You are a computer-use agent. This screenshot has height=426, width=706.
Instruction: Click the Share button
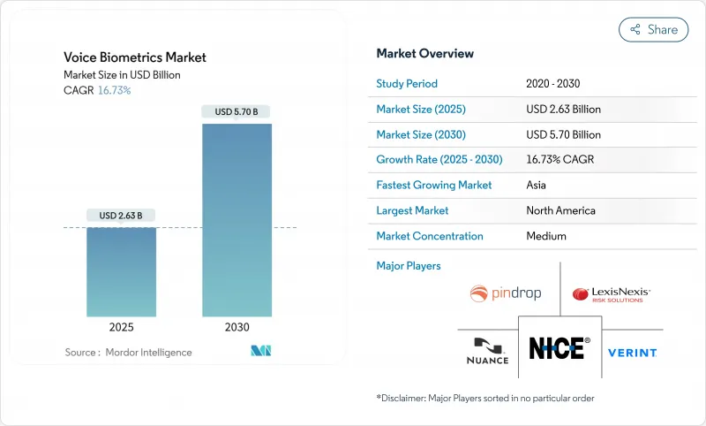654,29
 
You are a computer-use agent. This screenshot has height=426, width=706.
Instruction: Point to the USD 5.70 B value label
237,111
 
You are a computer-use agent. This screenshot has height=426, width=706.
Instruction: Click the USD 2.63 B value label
121,216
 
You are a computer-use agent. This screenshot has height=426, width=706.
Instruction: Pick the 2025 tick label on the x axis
121,328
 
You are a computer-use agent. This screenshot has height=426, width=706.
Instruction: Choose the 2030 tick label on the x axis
237,328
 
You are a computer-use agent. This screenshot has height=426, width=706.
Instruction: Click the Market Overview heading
424,53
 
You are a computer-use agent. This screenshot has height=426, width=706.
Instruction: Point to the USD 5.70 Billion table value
563,135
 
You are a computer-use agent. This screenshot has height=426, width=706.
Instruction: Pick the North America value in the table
560,211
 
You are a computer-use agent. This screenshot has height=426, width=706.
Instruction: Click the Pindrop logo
506,293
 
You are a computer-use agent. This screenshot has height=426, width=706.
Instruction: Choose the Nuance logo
487,351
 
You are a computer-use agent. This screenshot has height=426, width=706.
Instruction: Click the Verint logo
632,353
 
